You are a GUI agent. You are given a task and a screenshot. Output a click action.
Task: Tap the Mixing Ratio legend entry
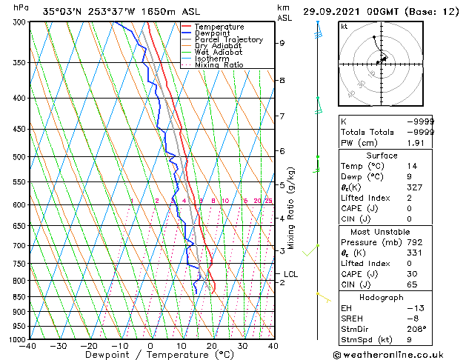click(x=219, y=65)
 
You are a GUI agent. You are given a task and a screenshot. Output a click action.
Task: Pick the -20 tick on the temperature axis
click(x=89, y=345)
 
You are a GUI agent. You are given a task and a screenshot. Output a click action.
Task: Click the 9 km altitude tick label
click(x=282, y=43)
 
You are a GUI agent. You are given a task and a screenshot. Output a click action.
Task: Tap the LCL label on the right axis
click(x=290, y=274)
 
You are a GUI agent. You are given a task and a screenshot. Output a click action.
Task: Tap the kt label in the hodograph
click(x=344, y=26)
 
